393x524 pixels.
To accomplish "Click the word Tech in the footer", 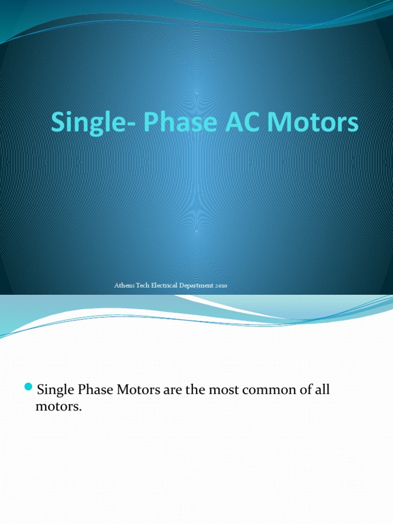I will pos(144,286).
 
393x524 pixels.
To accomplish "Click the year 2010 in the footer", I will pos(221,286).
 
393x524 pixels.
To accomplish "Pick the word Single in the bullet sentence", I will pos(56,390).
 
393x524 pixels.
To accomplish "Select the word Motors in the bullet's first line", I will pos(139,390).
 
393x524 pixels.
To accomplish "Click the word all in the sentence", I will pos(322,390).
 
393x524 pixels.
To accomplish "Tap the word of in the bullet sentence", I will pos(304,390).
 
